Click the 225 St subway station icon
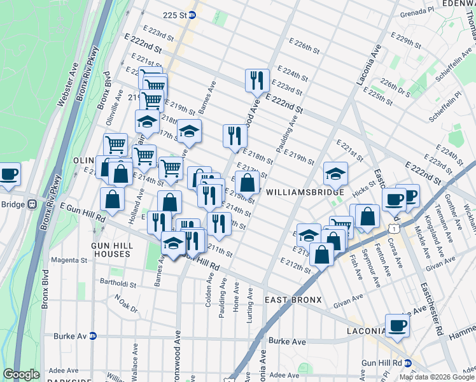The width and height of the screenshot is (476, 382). pos(192,15)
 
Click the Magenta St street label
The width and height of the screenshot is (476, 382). pos(69,260)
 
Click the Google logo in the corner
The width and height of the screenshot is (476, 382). pos(21,374)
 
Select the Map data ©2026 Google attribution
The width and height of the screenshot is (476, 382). pos(436,377)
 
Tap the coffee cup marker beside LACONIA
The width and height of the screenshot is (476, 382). pos(398,326)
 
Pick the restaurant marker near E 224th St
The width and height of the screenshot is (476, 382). pos(256,80)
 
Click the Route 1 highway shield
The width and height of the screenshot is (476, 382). pos(395,227)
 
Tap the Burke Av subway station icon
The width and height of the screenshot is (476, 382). pos(92,336)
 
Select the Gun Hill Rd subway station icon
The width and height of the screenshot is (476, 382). pos(408,362)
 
